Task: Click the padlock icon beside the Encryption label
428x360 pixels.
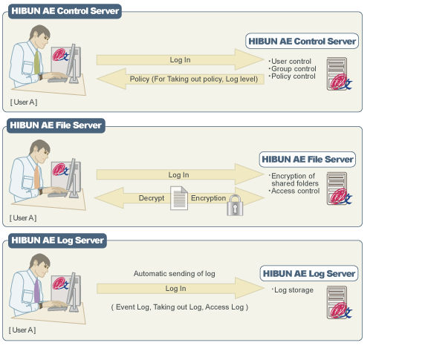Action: (235, 205)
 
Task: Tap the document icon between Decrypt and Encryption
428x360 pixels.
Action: (179, 198)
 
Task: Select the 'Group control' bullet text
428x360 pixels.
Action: (294, 69)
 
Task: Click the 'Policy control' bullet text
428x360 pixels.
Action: (293, 76)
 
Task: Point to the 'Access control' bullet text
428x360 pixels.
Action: (295, 191)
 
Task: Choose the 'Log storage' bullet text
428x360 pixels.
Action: (293, 290)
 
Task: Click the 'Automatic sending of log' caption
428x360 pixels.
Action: (175, 274)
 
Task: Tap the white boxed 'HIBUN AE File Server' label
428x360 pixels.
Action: (308, 160)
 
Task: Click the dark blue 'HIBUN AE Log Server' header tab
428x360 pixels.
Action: (57, 240)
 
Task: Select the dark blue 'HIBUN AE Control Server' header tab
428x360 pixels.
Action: (65, 11)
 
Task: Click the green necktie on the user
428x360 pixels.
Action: (36, 62)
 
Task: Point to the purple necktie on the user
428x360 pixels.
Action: (37, 291)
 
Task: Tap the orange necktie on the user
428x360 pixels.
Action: (37, 177)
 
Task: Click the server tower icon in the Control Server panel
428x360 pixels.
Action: (339, 73)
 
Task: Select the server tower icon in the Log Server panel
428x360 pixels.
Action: (339, 302)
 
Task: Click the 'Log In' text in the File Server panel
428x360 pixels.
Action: (178, 175)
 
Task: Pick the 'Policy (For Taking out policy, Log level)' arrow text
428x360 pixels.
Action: (194, 79)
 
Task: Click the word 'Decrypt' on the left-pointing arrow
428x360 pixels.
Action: (152, 198)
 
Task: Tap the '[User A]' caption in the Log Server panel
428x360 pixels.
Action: (22, 330)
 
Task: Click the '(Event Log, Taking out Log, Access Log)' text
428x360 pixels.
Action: (180, 307)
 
